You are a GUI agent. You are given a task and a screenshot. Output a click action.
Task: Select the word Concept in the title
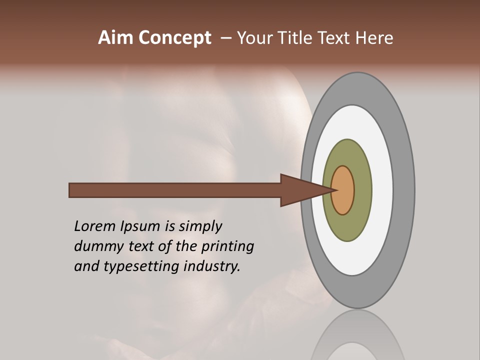(174, 38)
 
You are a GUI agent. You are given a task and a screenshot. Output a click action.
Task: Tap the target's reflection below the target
(357, 337)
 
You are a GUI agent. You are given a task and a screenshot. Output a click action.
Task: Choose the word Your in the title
(254, 38)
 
